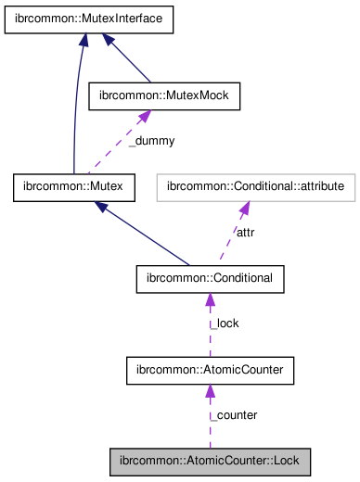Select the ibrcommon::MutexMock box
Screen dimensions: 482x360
(x=163, y=95)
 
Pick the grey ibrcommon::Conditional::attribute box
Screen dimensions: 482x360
(x=256, y=187)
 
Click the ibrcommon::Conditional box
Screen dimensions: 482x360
(x=210, y=278)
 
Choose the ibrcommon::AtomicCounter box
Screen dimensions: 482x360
(x=210, y=371)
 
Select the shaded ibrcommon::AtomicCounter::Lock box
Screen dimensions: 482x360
(x=210, y=461)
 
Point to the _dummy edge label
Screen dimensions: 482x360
(x=151, y=141)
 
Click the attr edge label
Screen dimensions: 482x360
(x=245, y=233)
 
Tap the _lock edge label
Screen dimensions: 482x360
(x=225, y=323)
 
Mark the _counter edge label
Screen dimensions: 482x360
(x=234, y=414)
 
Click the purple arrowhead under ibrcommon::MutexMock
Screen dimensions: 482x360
(x=144, y=117)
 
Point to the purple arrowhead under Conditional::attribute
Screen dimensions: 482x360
(x=244, y=209)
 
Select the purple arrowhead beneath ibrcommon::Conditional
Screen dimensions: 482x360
(x=210, y=300)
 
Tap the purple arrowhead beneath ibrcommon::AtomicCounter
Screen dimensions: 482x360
(x=210, y=392)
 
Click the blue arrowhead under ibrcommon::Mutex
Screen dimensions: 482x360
(x=103, y=207)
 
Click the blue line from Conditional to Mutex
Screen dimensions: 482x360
(x=148, y=236)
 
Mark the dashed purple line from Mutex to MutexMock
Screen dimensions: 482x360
(x=111, y=150)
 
